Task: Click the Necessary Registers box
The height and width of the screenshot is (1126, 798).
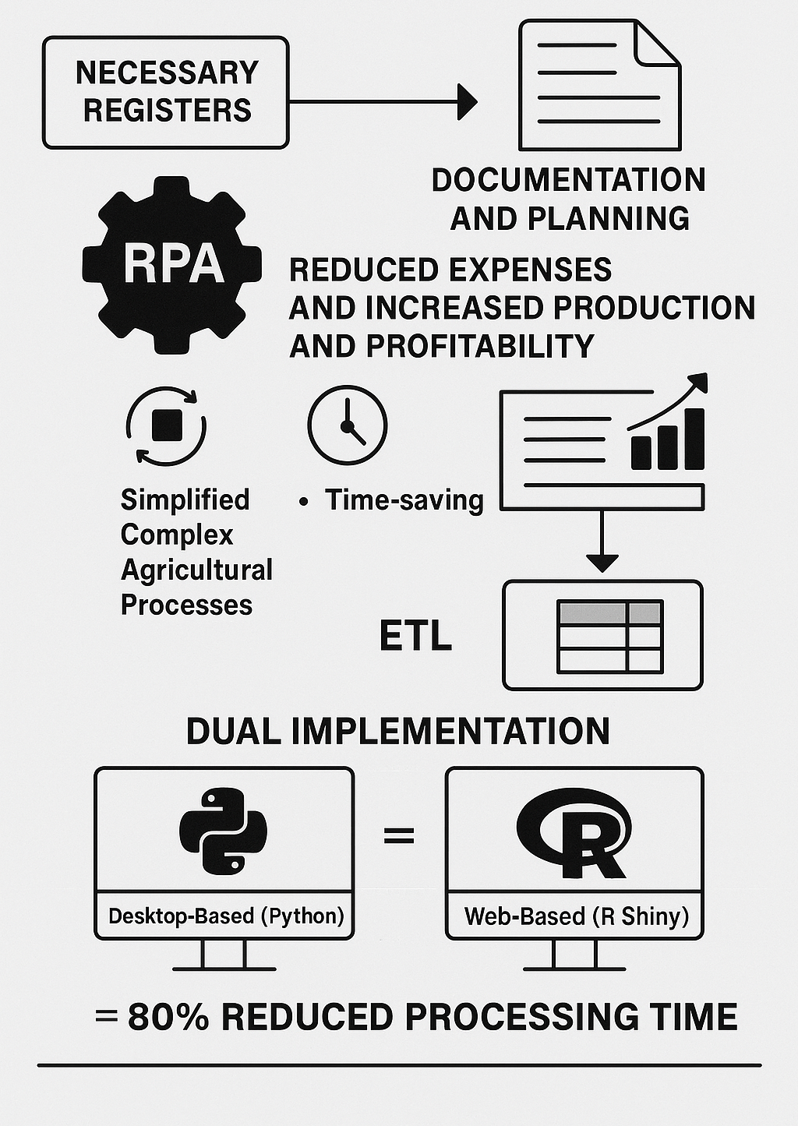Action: coord(166,92)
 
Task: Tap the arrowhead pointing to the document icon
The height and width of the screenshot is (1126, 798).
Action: coord(468,101)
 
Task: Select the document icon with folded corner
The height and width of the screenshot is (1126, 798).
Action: coord(599,85)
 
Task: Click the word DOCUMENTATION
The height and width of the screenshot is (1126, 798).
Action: coord(568,180)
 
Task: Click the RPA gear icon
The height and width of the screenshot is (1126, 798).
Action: coord(173,264)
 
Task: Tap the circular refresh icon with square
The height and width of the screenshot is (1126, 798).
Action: coord(166,426)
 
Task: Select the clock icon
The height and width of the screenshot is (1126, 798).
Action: coord(347,425)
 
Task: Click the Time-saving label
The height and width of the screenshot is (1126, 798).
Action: coord(404,500)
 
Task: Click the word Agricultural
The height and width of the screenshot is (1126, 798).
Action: coord(196,570)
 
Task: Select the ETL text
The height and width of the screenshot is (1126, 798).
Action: coord(415,637)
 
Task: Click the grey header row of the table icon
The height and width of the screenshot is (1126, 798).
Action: coord(609,612)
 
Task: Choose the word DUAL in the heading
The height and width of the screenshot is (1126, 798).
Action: coord(233,732)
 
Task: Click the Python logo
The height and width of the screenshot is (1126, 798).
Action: coord(224,830)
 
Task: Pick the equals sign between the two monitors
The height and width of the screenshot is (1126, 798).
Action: coord(399,836)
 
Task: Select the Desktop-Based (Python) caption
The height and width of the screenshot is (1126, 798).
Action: coord(226,916)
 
